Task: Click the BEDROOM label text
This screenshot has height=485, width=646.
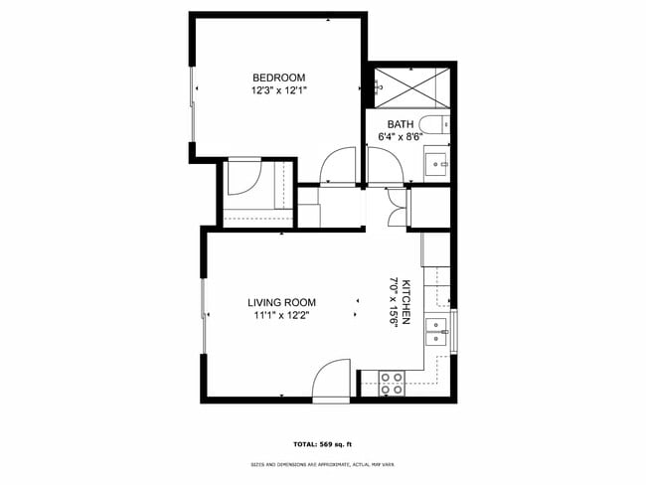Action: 278,78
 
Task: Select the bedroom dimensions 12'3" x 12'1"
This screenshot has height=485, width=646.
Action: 278,90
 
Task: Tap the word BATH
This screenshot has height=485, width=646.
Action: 388,124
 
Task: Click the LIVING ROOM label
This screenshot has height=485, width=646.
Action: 281,303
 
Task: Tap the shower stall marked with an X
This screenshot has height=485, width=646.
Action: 408,84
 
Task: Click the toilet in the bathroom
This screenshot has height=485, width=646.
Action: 434,126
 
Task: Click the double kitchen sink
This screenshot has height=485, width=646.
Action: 437,331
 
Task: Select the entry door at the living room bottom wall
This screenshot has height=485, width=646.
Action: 330,380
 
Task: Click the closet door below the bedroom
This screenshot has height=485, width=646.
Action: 244,178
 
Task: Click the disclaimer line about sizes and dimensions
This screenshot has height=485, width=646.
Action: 322,464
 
